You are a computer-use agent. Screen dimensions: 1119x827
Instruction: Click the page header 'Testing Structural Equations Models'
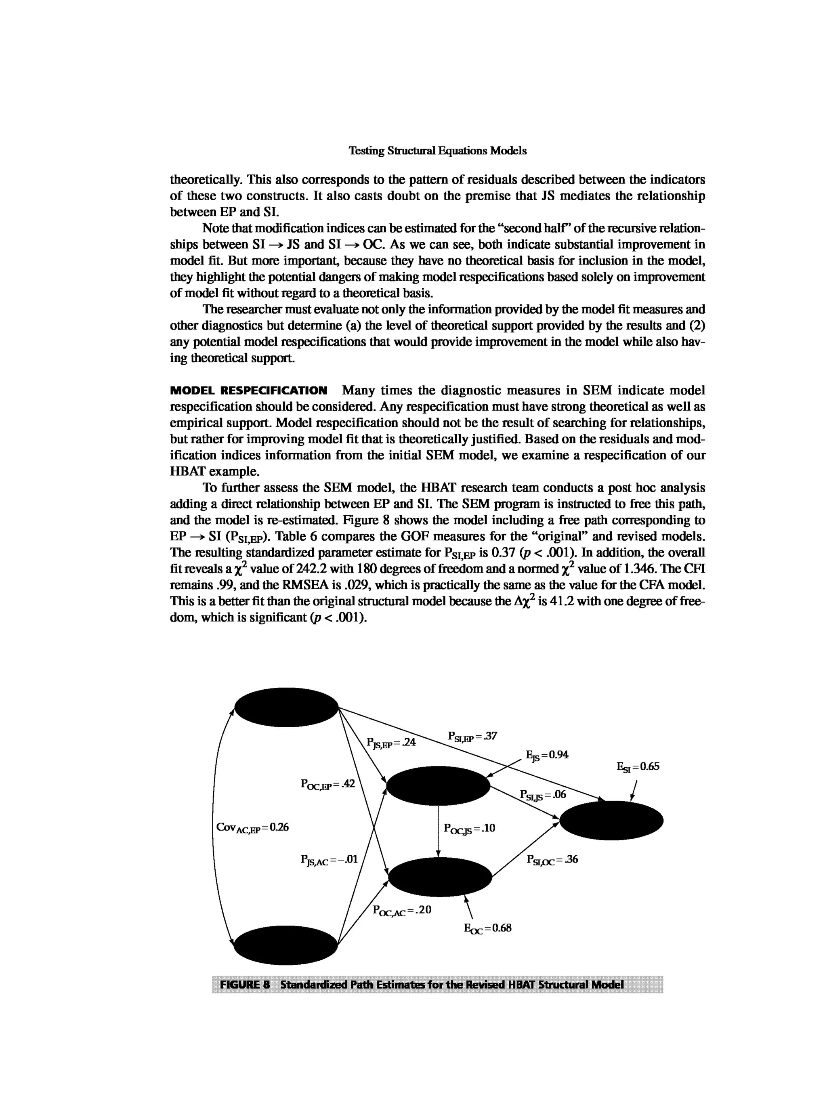(x=438, y=151)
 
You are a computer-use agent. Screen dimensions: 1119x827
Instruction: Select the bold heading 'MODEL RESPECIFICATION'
(x=249, y=390)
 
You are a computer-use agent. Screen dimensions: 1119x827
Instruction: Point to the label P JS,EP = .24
(x=391, y=743)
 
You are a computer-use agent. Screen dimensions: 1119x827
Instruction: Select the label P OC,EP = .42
(x=327, y=784)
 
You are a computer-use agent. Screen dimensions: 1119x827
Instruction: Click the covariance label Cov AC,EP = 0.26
(x=252, y=827)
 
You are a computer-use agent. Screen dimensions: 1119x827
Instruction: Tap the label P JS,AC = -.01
(x=329, y=860)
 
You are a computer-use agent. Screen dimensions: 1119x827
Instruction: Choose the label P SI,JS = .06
(x=543, y=795)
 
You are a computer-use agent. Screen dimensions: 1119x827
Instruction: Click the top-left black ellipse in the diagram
(x=286, y=707)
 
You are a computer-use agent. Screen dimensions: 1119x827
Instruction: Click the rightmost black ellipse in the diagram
(x=611, y=820)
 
